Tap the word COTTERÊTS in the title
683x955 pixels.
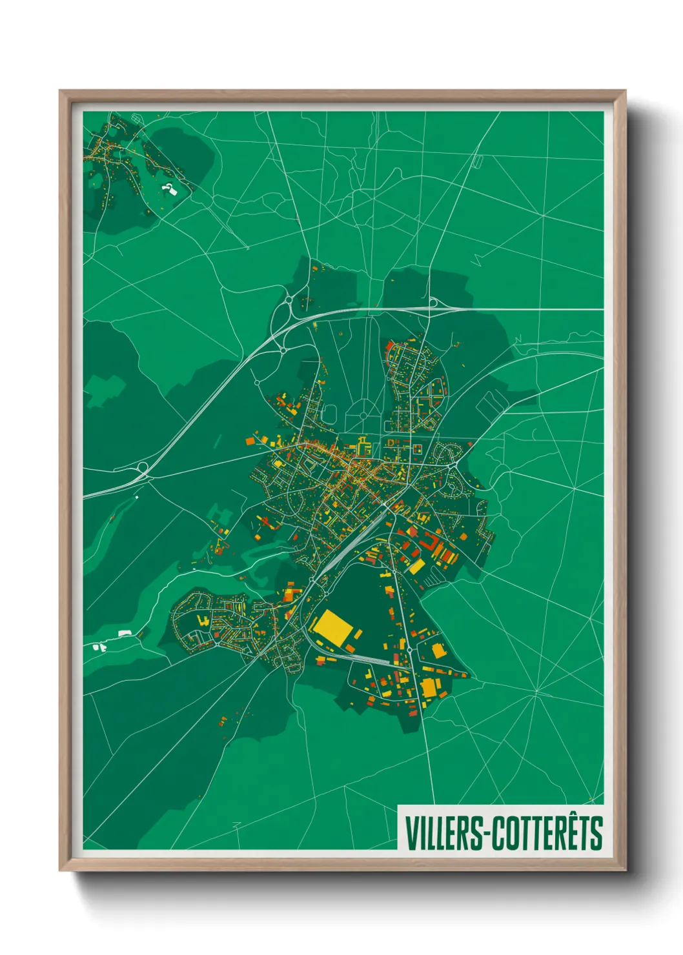[x=547, y=832]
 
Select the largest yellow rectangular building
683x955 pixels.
[x=333, y=625]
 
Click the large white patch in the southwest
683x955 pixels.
[x=124, y=634]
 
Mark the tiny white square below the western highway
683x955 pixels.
[x=137, y=497]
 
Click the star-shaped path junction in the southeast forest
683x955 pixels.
[x=536, y=692]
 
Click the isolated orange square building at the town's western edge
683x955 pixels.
[x=249, y=441]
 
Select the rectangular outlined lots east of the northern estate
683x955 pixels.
[x=491, y=403]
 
